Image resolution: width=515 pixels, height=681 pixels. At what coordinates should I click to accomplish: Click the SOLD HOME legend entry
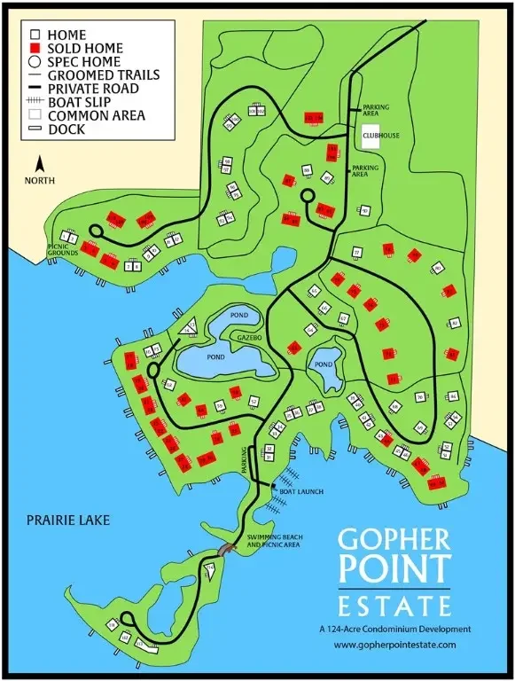point(84,48)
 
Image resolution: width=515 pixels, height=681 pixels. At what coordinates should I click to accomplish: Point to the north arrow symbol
point(39,164)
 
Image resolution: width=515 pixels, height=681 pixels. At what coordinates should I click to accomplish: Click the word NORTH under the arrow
point(39,180)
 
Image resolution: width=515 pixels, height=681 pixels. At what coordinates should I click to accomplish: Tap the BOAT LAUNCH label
point(302,490)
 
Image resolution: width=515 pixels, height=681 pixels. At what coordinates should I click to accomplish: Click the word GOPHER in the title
point(395,541)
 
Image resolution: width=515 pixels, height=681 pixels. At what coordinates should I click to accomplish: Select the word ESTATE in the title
point(394,607)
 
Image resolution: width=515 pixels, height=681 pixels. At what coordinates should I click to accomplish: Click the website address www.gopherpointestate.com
point(394,645)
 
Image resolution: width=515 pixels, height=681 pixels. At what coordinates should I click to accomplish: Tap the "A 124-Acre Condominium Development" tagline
point(394,629)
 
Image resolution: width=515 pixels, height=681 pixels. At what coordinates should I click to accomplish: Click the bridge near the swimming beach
point(227,552)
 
